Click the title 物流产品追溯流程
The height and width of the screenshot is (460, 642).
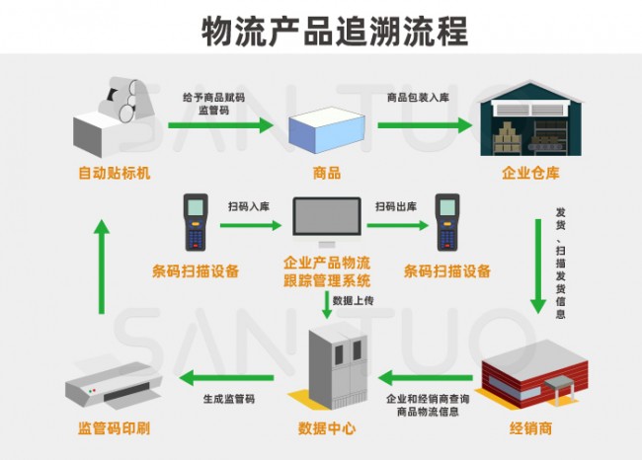[335, 32]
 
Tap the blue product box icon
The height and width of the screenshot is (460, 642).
[327, 129]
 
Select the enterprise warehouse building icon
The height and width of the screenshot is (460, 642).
[530, 117]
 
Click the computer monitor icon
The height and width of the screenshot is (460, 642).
[327, 222]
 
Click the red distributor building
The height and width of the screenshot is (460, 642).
[534, 374]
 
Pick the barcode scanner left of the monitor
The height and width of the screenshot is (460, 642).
[196, 222]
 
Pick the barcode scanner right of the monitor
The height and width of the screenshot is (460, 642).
[447, 222]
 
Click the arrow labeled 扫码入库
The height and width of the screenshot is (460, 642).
[251, 225]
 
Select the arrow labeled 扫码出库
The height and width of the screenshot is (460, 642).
[398, 225]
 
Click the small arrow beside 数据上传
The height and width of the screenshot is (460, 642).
[327, 304]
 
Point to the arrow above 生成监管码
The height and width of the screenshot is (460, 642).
[226, 378]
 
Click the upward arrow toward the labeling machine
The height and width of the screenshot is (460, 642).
[102, 267]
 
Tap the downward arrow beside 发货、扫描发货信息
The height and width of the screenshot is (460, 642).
[538, 267]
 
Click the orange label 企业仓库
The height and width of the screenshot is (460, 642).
[530, 173]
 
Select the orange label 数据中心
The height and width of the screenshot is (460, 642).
[327, 428]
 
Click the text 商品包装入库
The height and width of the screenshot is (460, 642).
[418, 98]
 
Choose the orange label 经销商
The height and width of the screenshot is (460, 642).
[531, 428]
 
